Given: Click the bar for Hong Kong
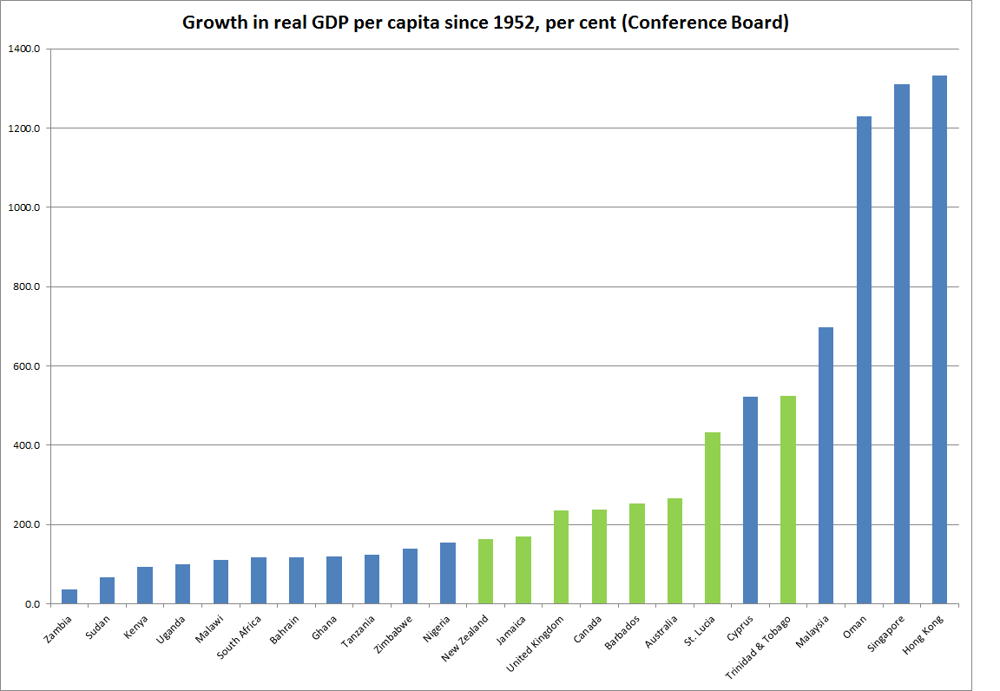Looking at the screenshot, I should point(939,339).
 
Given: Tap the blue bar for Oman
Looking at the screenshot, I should point(864,359).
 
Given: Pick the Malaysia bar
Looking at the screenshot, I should point(826,465).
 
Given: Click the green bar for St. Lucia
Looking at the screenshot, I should point(712,517).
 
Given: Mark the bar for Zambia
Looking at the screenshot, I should point(69,596).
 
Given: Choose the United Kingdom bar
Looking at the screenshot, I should point(561,556).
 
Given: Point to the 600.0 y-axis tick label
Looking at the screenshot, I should point(24,366).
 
